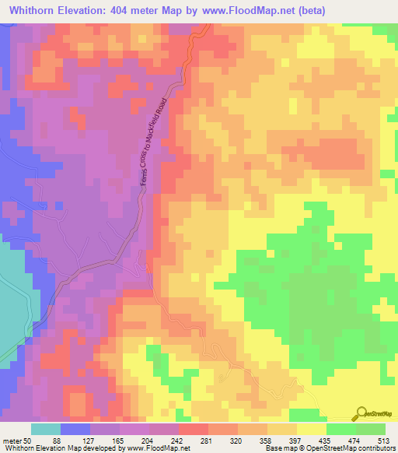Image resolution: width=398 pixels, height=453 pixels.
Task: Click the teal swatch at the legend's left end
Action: click(x=45, y=429)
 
